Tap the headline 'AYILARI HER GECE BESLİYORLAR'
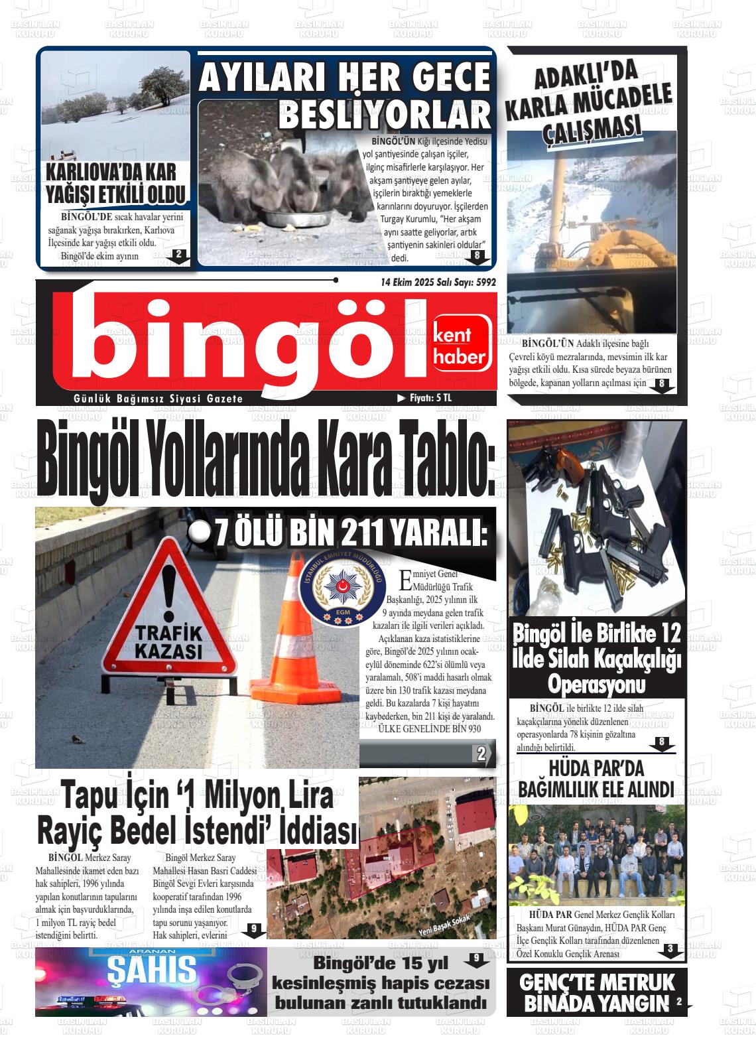[x=345, y=96]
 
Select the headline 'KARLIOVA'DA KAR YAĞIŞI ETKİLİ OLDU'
[x=111, y=184]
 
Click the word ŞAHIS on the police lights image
[x=152, y=970]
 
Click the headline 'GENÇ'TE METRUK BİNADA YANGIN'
[x=597, y=992]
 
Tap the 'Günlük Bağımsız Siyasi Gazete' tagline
[x=158, y=399]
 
